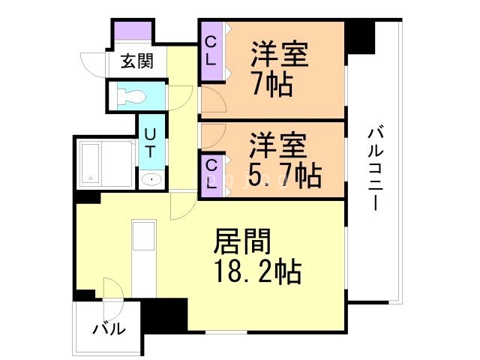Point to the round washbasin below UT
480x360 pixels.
pos(151,180)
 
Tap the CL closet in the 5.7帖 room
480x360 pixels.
pos(211,174)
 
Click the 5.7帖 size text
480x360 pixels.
pos(285,175)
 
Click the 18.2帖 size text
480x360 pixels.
pos(257,272)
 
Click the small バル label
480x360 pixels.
pos(109,328)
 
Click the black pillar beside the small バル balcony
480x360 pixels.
pos(164,315)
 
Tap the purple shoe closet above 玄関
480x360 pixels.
pos(133,34)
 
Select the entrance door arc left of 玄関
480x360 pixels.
pos(94,63)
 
